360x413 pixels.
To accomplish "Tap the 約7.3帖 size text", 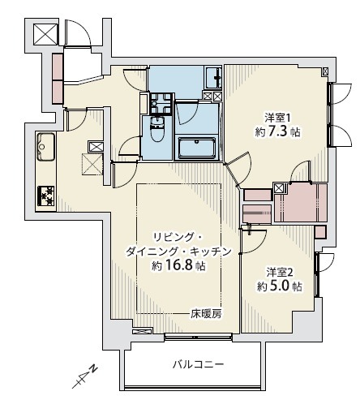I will click(278, 131).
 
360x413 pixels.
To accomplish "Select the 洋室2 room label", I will click(280, 272).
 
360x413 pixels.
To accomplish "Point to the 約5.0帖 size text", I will click(280, 286).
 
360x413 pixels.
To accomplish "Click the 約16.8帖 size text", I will click(178, 266).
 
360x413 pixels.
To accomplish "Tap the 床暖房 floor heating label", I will click(207, 312).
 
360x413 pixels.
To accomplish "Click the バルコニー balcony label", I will click(198, 364).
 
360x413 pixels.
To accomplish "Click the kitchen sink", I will click(45, 147).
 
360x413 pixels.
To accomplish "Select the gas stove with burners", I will click(45, 194).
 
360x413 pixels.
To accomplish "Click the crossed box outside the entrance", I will click(45, 35).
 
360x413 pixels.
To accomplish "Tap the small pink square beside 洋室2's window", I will click(320, 231).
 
